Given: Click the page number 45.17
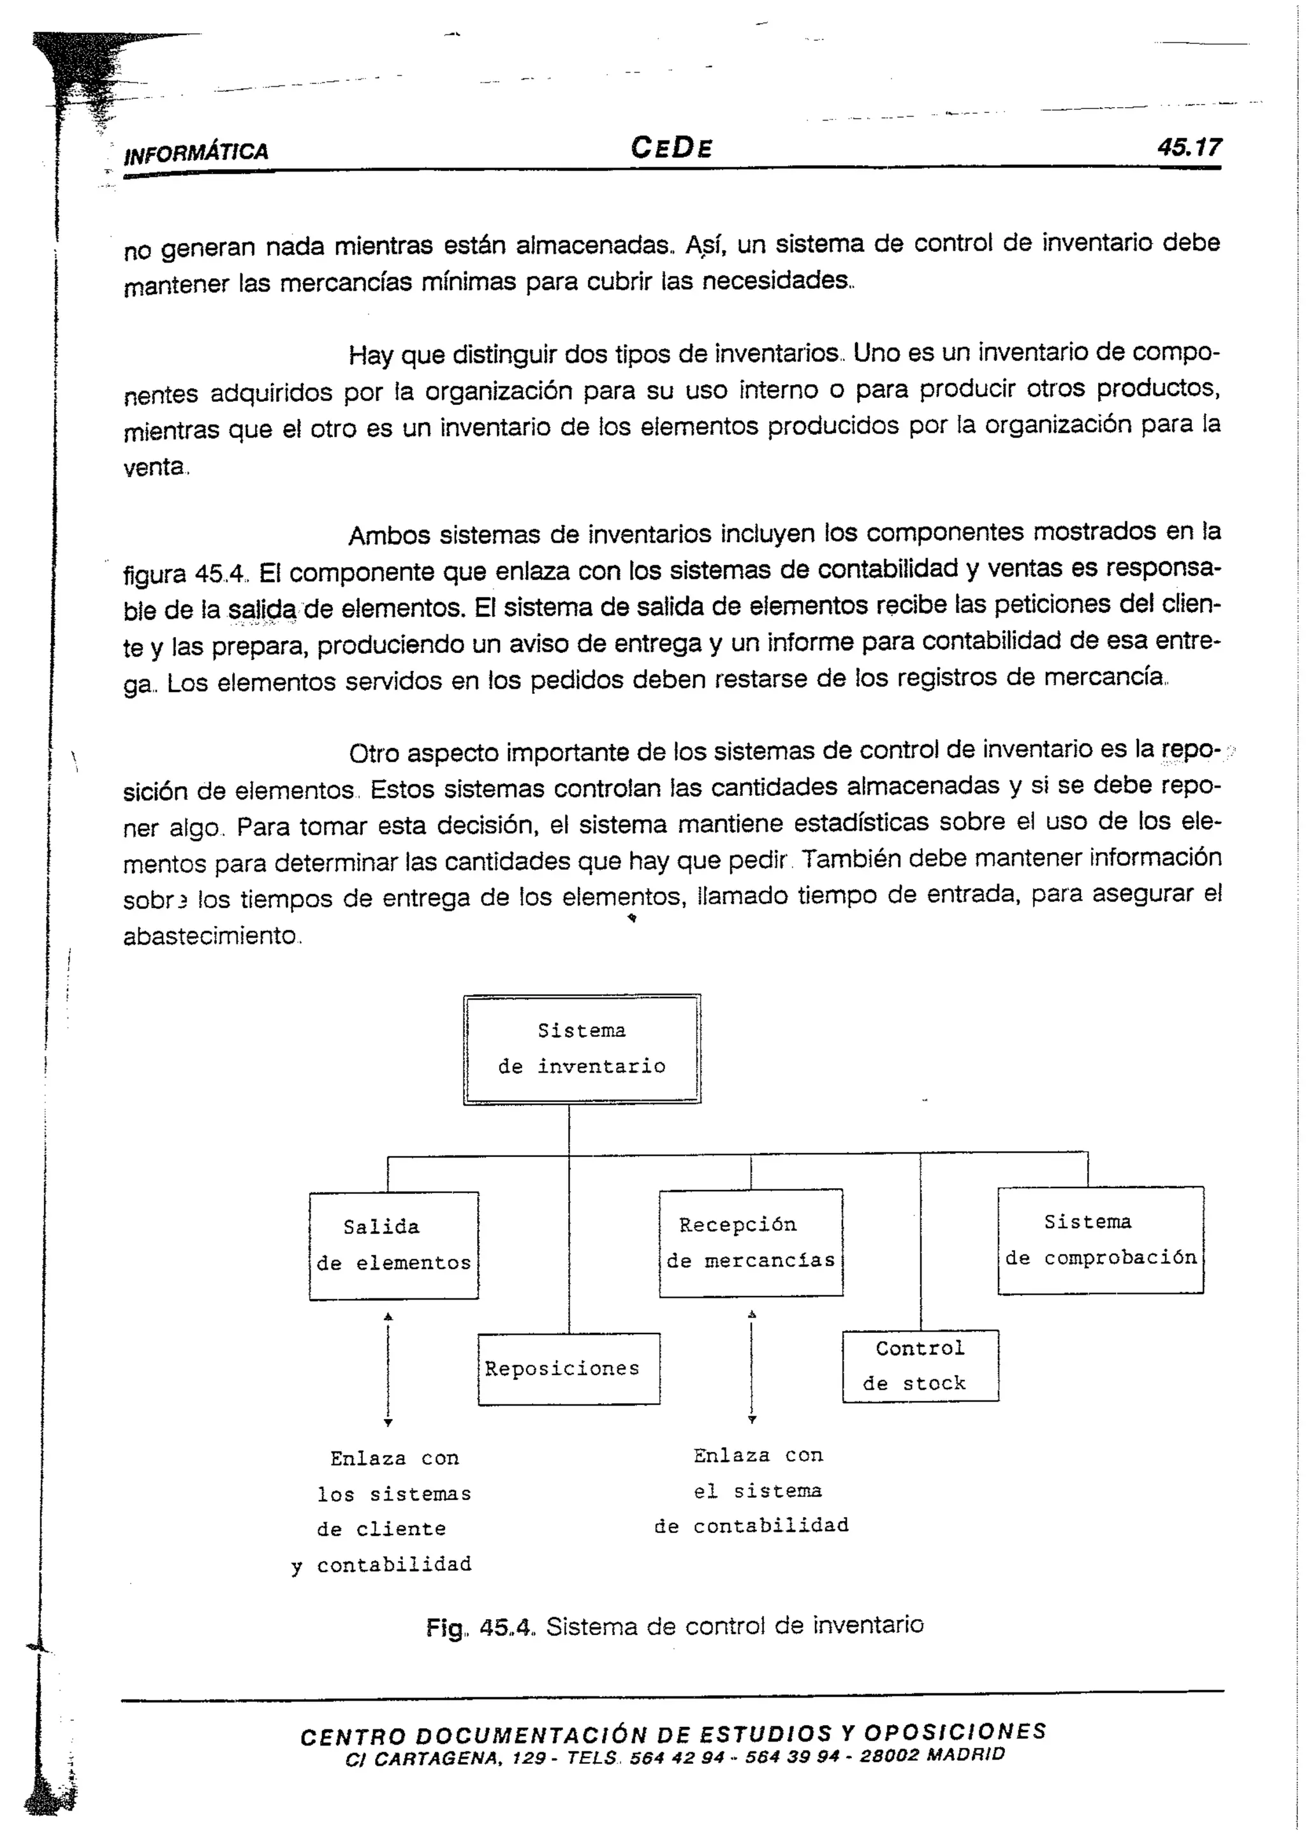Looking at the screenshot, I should (x=1189, y=147).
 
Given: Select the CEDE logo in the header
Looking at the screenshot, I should (x=671, y=148).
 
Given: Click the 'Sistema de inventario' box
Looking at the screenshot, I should (x=582, y=1048).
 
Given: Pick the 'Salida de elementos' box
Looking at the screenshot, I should (x=393, y=1245).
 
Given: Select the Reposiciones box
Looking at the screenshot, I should (x=569, y=1369).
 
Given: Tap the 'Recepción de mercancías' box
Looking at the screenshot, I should (x=751, y=1242).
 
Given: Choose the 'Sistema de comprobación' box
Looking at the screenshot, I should (x=1100, y=1239).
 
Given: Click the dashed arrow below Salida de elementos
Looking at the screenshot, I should (x=388, y=1370).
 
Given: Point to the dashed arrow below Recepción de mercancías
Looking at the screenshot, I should (x=752, y=1367).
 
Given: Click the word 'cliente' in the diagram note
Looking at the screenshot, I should (x=400, y=1529).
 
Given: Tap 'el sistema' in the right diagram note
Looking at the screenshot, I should (x=758, y=1491).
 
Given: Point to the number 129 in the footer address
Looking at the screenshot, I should (x=529, y=1758).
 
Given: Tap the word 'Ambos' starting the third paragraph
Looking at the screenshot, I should (x=389, y=536).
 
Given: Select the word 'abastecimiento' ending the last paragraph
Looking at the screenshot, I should (x=209, y=936).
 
